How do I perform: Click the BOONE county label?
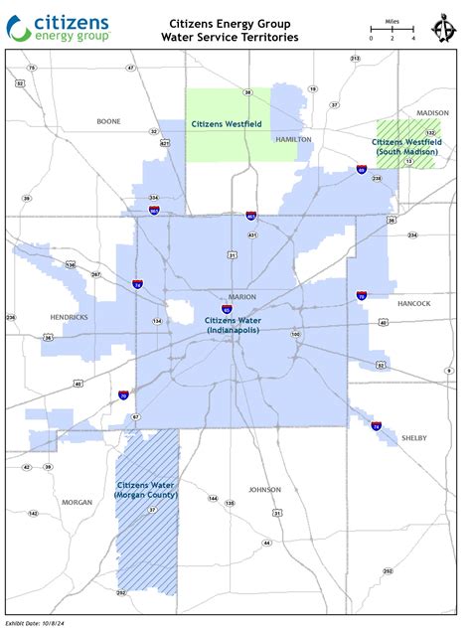pos(108,121)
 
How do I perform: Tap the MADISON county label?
pos(432,113)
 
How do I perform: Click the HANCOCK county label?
pos(413,303)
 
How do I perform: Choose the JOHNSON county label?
pos(265,489)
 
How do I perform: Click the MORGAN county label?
pos(77,502)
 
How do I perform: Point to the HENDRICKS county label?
pos(69,317)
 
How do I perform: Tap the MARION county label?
pos(242,297)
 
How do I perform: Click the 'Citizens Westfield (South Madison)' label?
pos(404,146)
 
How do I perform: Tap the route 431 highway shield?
pos(253,235)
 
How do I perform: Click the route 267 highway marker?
pos(95,274)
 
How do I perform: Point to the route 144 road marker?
pos(213,498)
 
